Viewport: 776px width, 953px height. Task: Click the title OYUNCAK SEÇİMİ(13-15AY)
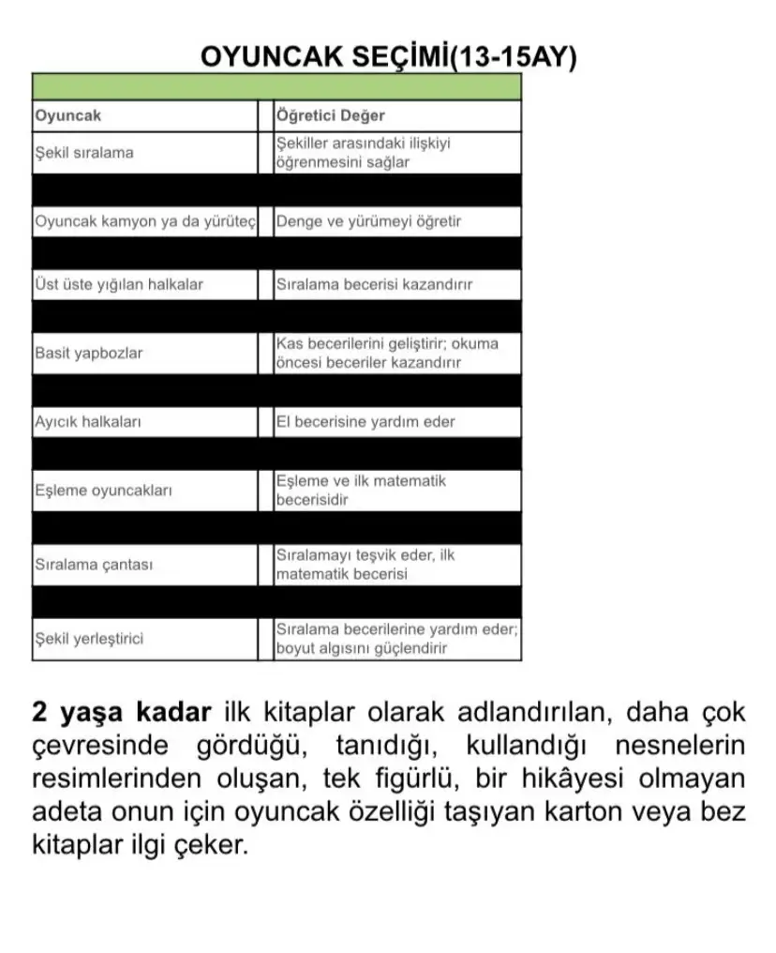[x=389, y=56]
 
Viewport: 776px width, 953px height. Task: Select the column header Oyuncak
[x=67, y=116]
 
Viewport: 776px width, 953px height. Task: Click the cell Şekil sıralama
[x=84, y=153]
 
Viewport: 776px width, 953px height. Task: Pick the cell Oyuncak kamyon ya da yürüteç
[x=144, y=222]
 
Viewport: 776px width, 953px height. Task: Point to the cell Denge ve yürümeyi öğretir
[x=368, y=222]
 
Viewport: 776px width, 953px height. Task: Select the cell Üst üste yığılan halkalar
[x=119, y=284]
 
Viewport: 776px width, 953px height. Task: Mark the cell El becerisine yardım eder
[x=366, y=422]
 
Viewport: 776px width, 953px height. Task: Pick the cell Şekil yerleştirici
[x=89, y=640]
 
